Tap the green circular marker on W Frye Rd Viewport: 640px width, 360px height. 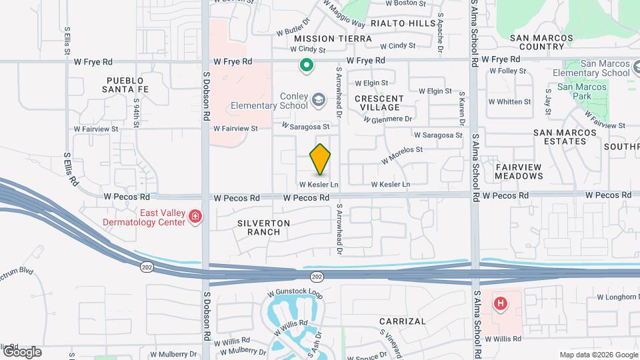[306, 65]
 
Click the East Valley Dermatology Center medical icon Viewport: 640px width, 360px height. [195, 216]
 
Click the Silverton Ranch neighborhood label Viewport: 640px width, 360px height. [264, 227]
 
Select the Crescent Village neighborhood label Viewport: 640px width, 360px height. [377, 103]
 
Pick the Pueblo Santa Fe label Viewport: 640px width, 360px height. [125, 84]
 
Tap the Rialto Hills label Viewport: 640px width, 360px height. [403, 23]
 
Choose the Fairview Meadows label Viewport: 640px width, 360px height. [519, 171]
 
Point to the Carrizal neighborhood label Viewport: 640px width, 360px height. [402, 321]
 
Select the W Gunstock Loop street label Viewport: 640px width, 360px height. [295, 293]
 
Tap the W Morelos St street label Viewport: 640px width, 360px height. [402, 155]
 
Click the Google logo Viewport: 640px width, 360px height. [21, 352]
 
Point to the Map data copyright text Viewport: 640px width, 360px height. [598, 355]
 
